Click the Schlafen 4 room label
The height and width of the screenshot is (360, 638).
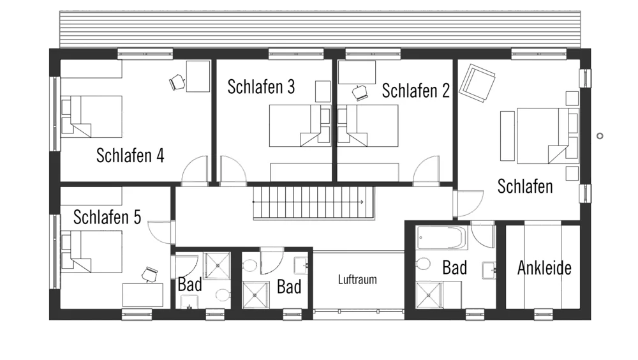pos(130,155)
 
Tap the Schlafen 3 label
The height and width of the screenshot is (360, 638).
pos(261,87)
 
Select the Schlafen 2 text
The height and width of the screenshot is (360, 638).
pos(415,91)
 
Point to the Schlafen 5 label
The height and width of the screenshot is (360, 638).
pos(107,217)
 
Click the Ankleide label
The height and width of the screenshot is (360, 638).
pos(544,268)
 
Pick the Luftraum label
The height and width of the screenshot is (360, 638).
pos(357,280)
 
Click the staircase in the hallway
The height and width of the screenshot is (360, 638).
pos(314,203)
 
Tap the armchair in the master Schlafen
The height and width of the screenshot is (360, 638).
pos(477,83)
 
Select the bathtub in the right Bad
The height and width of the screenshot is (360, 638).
pos(442,238)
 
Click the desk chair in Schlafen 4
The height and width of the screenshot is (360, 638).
pos(177,82)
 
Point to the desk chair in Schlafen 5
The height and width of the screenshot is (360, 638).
pos(150,274)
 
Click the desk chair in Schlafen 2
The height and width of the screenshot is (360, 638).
pos(360,93)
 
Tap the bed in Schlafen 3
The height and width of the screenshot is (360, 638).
pos(300,126)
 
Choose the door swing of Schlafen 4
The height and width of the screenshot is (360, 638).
pos(195,170)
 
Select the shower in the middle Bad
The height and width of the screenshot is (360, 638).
pos(256,295)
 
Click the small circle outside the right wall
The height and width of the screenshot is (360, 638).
pos(600,136)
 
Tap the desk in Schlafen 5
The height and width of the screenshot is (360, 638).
pos(143,295)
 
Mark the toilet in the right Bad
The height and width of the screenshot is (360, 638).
pos(423,263)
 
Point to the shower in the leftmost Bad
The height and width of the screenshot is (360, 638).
pos(218,266)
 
